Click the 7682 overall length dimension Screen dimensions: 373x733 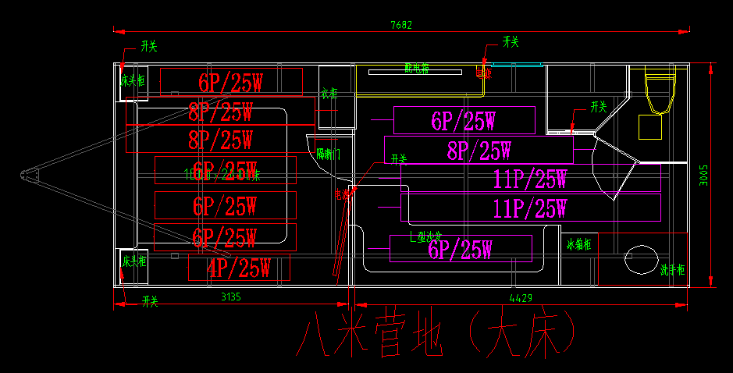tap(401, 25)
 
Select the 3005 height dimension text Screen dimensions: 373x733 tap(703, 175)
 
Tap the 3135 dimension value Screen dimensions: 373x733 tap(231, 297)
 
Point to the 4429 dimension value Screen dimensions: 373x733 tap(521, 297)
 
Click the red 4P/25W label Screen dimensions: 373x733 tap(238, 268)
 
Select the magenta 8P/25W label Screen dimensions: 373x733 tap(479, 151)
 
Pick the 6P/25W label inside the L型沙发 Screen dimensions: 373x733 tap(460, 250)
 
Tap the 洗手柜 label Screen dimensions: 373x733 tap(672, 270)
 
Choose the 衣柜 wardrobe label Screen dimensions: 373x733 tap(329, 94)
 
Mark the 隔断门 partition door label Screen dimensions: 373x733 tap(328, 154)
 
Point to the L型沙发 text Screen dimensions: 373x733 tap(426, 235)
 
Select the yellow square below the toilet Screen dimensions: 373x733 tap(650, 126)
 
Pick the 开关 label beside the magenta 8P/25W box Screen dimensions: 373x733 tap(599, 106)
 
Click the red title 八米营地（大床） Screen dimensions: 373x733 tap(437, 336)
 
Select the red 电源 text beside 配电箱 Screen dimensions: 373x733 tap(484, 74)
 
